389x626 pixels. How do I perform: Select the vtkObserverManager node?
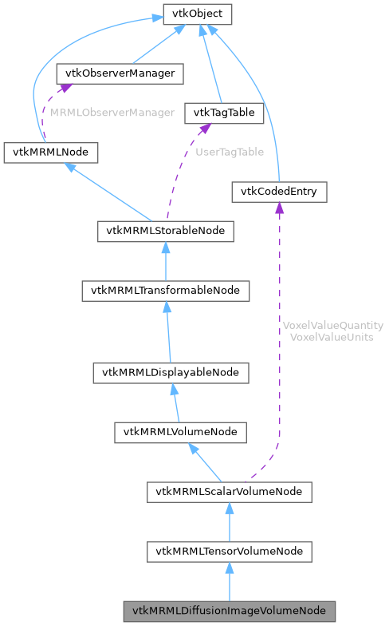click(x=120, y=74)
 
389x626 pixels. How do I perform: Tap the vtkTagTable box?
click(x=224, y=113)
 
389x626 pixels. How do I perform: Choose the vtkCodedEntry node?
click(x=278, y=192)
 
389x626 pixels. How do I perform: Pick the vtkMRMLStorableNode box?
click(x=166, y=232)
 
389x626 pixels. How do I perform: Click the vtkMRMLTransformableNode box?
click(x=166, y=291)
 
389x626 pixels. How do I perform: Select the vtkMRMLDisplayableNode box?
click(x=171, y=372)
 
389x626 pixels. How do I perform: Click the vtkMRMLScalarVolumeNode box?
click(x=229, y=492)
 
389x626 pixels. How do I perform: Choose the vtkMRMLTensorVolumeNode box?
click(x=229, y=551)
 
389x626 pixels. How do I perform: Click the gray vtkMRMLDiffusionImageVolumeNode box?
click(x=229, y=611)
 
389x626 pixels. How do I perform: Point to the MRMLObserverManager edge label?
click(x=112, y=113)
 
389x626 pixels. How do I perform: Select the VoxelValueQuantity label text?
click(x=333, y=326)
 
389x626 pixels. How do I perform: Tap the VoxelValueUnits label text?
click(x=333, y=337)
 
